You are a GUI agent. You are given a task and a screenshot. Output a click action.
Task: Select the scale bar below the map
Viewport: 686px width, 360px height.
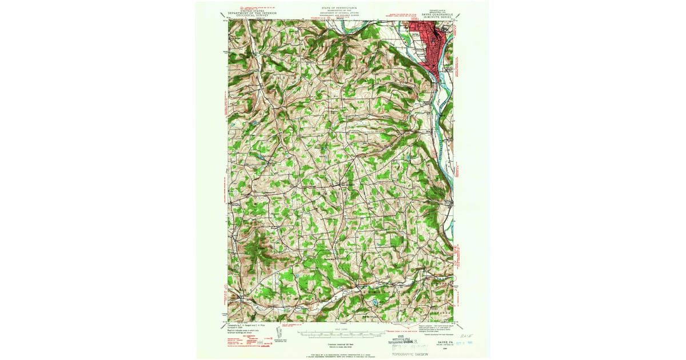point(343,331)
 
